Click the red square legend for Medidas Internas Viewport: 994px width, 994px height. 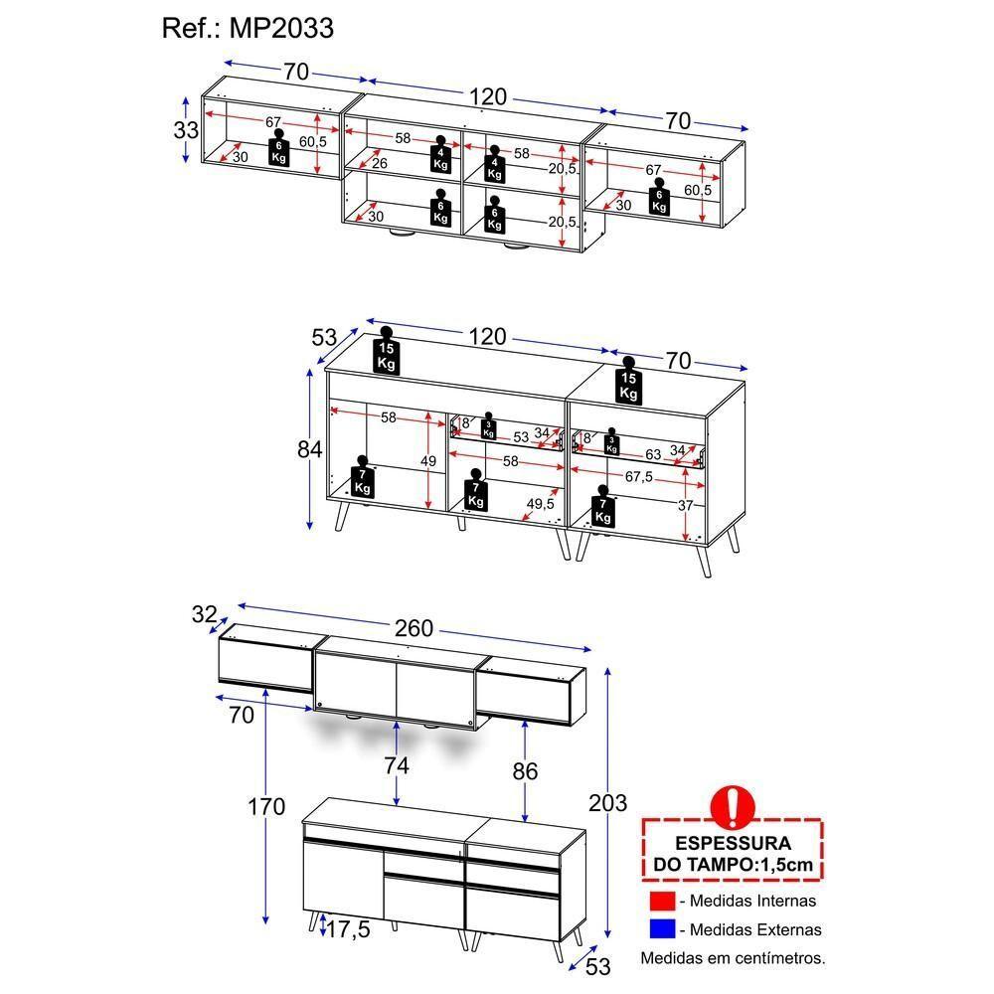(662, 901)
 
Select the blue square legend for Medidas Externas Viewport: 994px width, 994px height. (662, 930)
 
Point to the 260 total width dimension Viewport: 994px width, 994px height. (414, 628)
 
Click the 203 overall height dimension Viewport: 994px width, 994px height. (607, 802)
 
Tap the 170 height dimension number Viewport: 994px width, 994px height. (267, 806)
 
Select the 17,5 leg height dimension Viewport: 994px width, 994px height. (349, 930)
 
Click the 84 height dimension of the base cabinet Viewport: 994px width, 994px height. (310, 449)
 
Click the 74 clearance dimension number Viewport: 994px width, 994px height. (397, 765)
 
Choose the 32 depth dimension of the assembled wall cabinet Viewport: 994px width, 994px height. (205, 615)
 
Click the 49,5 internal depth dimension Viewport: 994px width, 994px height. (541, 504)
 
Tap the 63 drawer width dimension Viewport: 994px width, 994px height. (652, 454)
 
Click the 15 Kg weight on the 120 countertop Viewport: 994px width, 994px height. (387, 354)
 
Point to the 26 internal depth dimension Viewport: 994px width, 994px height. (379, 164)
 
